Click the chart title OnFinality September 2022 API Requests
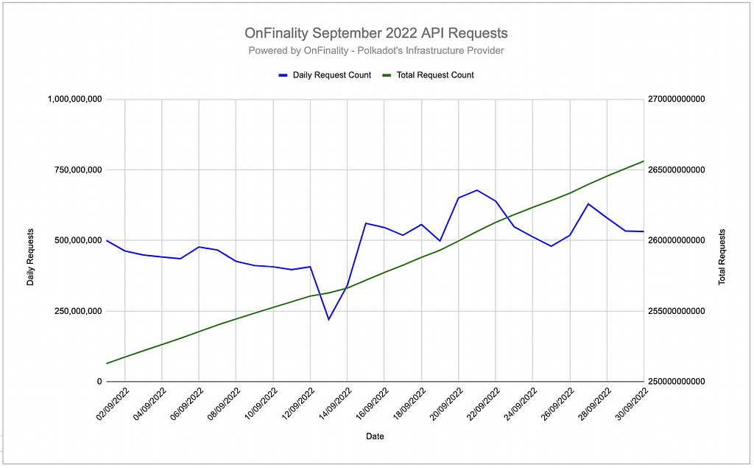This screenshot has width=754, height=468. click(x=376, y=33)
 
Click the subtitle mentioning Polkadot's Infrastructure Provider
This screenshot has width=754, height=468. click(x=376, y=50)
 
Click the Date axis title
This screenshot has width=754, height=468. click(x=375, y=436)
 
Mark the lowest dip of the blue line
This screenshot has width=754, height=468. click(x=328, y=319)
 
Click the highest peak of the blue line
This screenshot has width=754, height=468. click(x=477, y=190)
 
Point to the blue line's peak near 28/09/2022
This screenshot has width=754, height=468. click(x=588, y=203)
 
